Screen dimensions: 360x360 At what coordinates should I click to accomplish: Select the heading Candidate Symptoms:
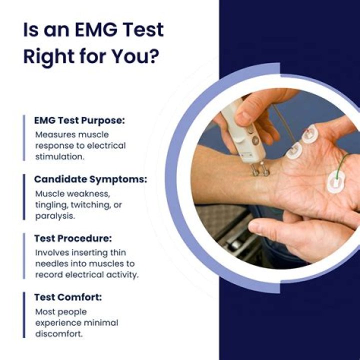click(x=90, y=179)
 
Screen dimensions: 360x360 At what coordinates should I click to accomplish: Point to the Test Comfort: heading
click(x=68, y=297)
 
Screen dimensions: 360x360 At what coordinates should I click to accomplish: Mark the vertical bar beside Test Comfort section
click(x=23, y=315)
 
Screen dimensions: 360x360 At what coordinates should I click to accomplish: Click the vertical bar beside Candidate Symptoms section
click(x=23, y=196)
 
